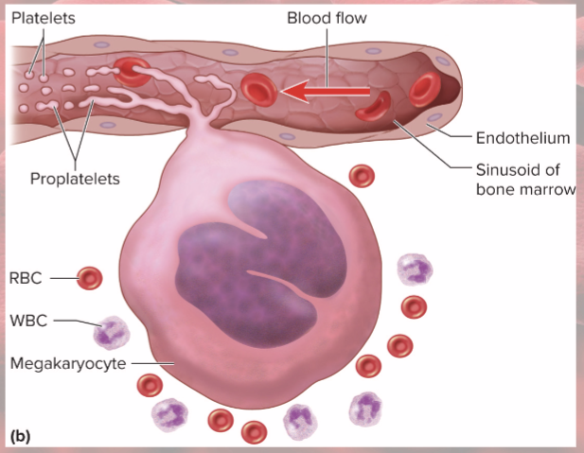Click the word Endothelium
pyautogui.click(x=522, y=138)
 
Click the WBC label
pyautogui.click(x=27, y=319)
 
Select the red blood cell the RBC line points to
pyautogui.click(x=89, y=277)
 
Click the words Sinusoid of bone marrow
pyautogui.click(x=523, y=180)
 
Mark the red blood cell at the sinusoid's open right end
pyautogui.click(x=424, y=88)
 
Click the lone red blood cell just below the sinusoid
pyautogui.click(x=361, y=175)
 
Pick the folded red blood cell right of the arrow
pyautogui.click(x=372, y=105)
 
